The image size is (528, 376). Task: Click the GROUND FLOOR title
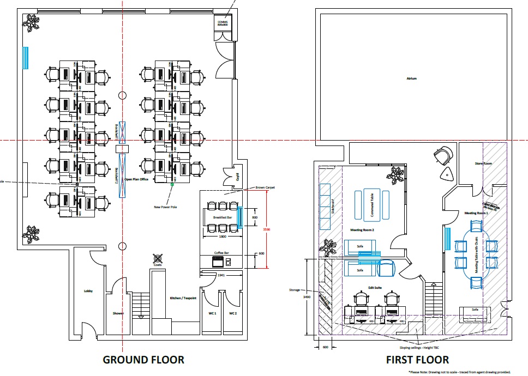[x=144, y=360]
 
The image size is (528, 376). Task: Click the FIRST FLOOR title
[x=417, y=360]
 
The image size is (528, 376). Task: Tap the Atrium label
[x=411, y=78]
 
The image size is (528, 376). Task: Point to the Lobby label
[x=88, y=291]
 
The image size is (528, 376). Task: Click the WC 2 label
[x=233, y=313]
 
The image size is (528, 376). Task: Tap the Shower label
[x=118, y=313]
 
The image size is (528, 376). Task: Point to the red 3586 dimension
[x=266, y=229]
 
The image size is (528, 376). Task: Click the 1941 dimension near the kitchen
[x=220, y=275]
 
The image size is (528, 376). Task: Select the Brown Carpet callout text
[x=266, y=187]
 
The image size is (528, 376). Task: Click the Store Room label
[x=484, y=163]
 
